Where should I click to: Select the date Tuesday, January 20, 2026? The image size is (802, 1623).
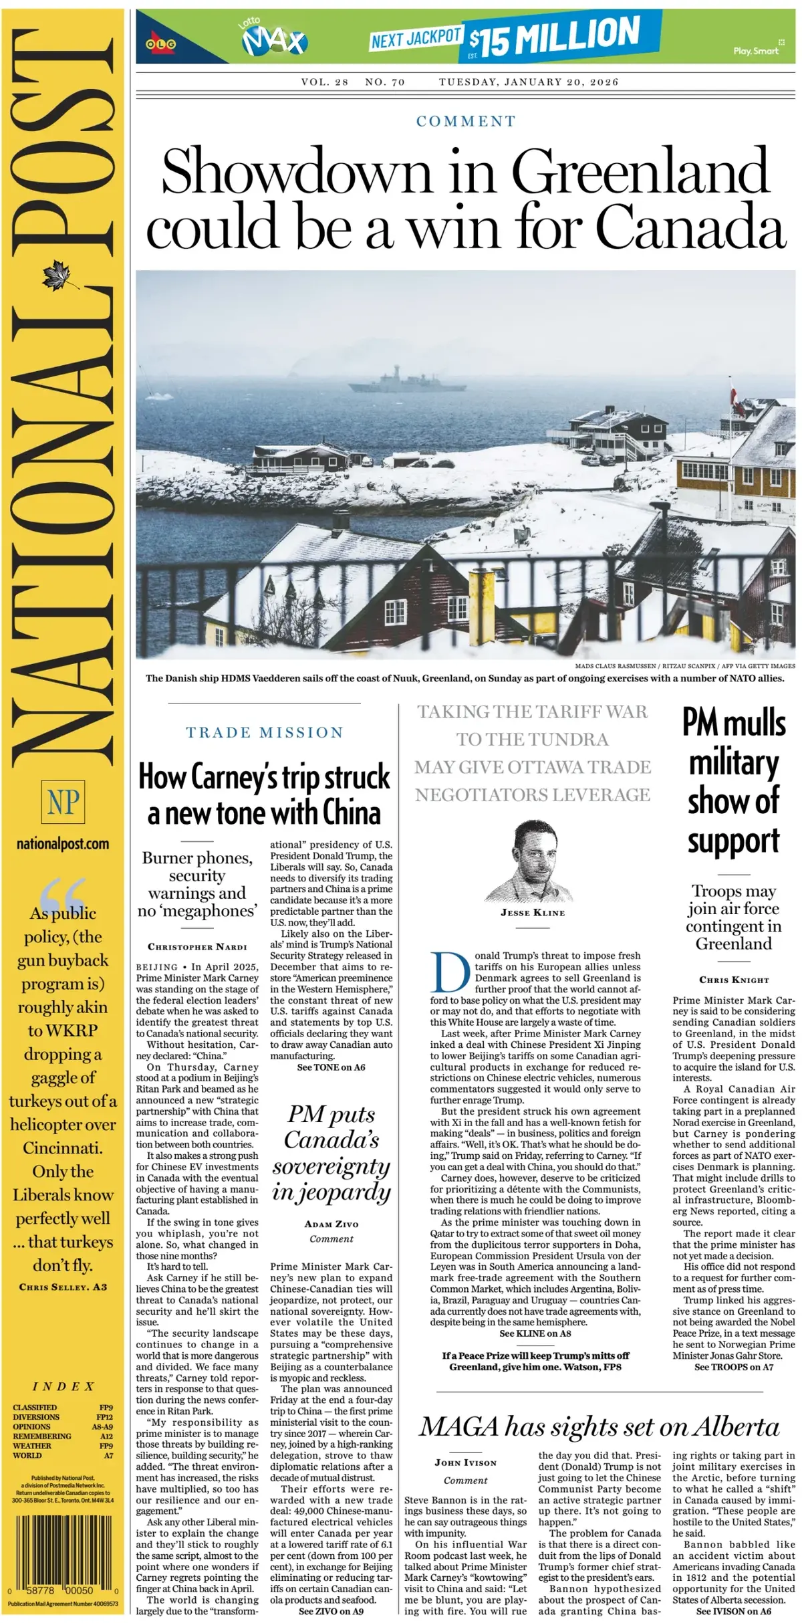click(529, 82)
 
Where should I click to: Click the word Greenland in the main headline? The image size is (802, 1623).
click(640, 172)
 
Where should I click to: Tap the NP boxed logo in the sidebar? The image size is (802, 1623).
click(63, 801)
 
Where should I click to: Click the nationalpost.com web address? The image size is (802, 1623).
click(63, 844)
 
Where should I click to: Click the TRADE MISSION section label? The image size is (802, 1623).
click(264, 732)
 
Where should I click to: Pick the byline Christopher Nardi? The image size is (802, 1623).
click(197, 947)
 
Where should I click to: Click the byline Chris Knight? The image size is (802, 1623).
click(734, 980)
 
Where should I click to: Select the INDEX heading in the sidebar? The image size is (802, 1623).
click(63, 1386)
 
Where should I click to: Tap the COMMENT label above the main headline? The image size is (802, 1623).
click(466, 121)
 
